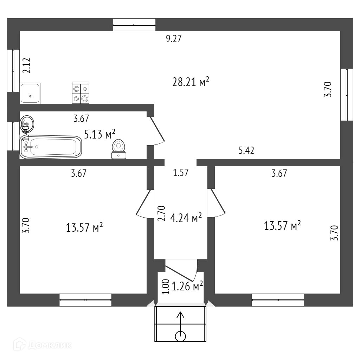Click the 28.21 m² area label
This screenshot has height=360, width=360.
coord(191,82)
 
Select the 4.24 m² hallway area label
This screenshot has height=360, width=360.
coord(186,218)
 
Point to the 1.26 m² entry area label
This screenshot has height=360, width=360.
coord(187,287)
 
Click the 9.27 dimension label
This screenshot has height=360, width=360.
coord(173,39)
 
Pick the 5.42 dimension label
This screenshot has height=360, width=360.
coord(246,151)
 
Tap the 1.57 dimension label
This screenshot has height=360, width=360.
coord(181,173)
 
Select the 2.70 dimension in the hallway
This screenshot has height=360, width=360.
coord(161,213)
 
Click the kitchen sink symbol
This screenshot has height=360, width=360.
coord(30,93)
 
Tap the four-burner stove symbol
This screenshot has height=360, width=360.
coord(81,93)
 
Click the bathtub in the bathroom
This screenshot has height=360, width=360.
coord(51,146)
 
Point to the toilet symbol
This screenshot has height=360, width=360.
coord(119,149)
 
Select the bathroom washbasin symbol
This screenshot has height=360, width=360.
coord(27,123)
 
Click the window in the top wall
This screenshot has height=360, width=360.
coord(134,25)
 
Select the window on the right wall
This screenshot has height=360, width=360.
coord(347,94)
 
